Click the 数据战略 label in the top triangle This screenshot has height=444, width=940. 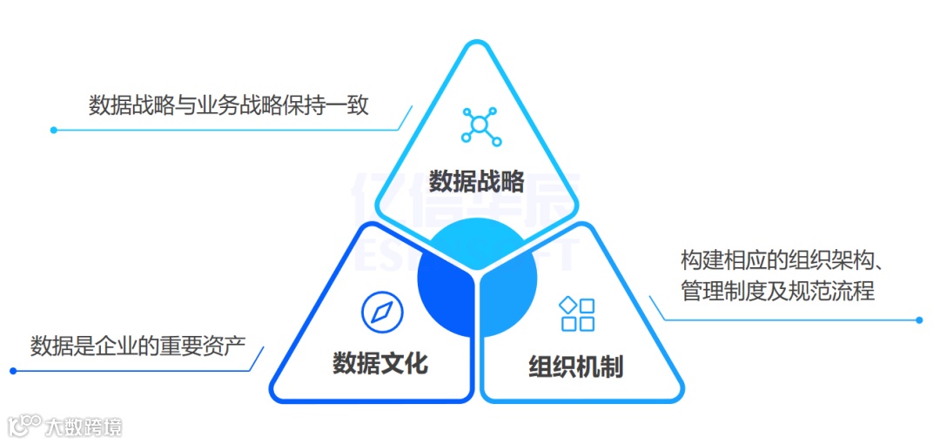477,181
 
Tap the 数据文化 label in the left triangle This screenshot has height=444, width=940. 380,362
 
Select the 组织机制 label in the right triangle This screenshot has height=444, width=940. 575,367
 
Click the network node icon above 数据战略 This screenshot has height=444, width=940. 478,124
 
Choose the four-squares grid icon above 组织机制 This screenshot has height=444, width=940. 577,314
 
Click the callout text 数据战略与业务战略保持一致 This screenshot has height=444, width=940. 229,105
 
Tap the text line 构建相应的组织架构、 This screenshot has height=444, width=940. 782,260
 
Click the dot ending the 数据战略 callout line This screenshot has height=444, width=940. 53,131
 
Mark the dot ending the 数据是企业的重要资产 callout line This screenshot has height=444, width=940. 14,371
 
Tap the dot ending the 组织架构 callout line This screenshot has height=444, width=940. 919,320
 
